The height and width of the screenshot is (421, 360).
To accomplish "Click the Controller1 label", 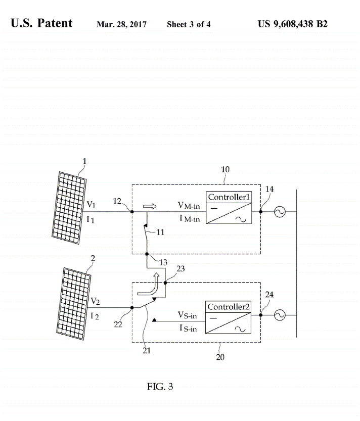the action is coord(229,197).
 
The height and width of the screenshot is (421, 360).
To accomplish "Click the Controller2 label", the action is coord(229,307).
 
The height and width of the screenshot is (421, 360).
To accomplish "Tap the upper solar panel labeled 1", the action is coord(69,208).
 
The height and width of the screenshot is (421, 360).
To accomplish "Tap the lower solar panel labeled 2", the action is coord(74,304).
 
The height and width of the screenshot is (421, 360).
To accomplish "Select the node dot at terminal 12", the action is coord(132,212).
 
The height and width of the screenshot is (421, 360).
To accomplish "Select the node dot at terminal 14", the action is coord(260,212).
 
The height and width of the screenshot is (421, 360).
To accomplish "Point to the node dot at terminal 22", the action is coord(132,308).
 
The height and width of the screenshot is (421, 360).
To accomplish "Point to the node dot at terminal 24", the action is coord(260,315).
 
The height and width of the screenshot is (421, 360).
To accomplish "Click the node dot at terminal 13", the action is coord(147,254).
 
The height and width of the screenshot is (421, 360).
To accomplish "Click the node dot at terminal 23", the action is coord(165,283).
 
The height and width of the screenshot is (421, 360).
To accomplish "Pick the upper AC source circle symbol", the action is coord(280,212).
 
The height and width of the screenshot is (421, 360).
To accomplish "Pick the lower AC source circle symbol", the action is coord(280,315).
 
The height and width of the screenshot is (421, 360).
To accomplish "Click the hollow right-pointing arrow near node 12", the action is coord(150,206).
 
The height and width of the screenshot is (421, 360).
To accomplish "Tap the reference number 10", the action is coord(225,169).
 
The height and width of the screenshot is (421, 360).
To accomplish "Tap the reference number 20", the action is coord(220,357).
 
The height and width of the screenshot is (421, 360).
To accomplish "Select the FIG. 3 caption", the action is coord(160,387).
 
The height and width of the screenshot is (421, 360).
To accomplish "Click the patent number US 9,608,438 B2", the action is coord(293,24).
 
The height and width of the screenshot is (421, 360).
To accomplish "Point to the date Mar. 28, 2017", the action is coord(121,24).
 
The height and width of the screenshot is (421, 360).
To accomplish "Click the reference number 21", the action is coord(147,350).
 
